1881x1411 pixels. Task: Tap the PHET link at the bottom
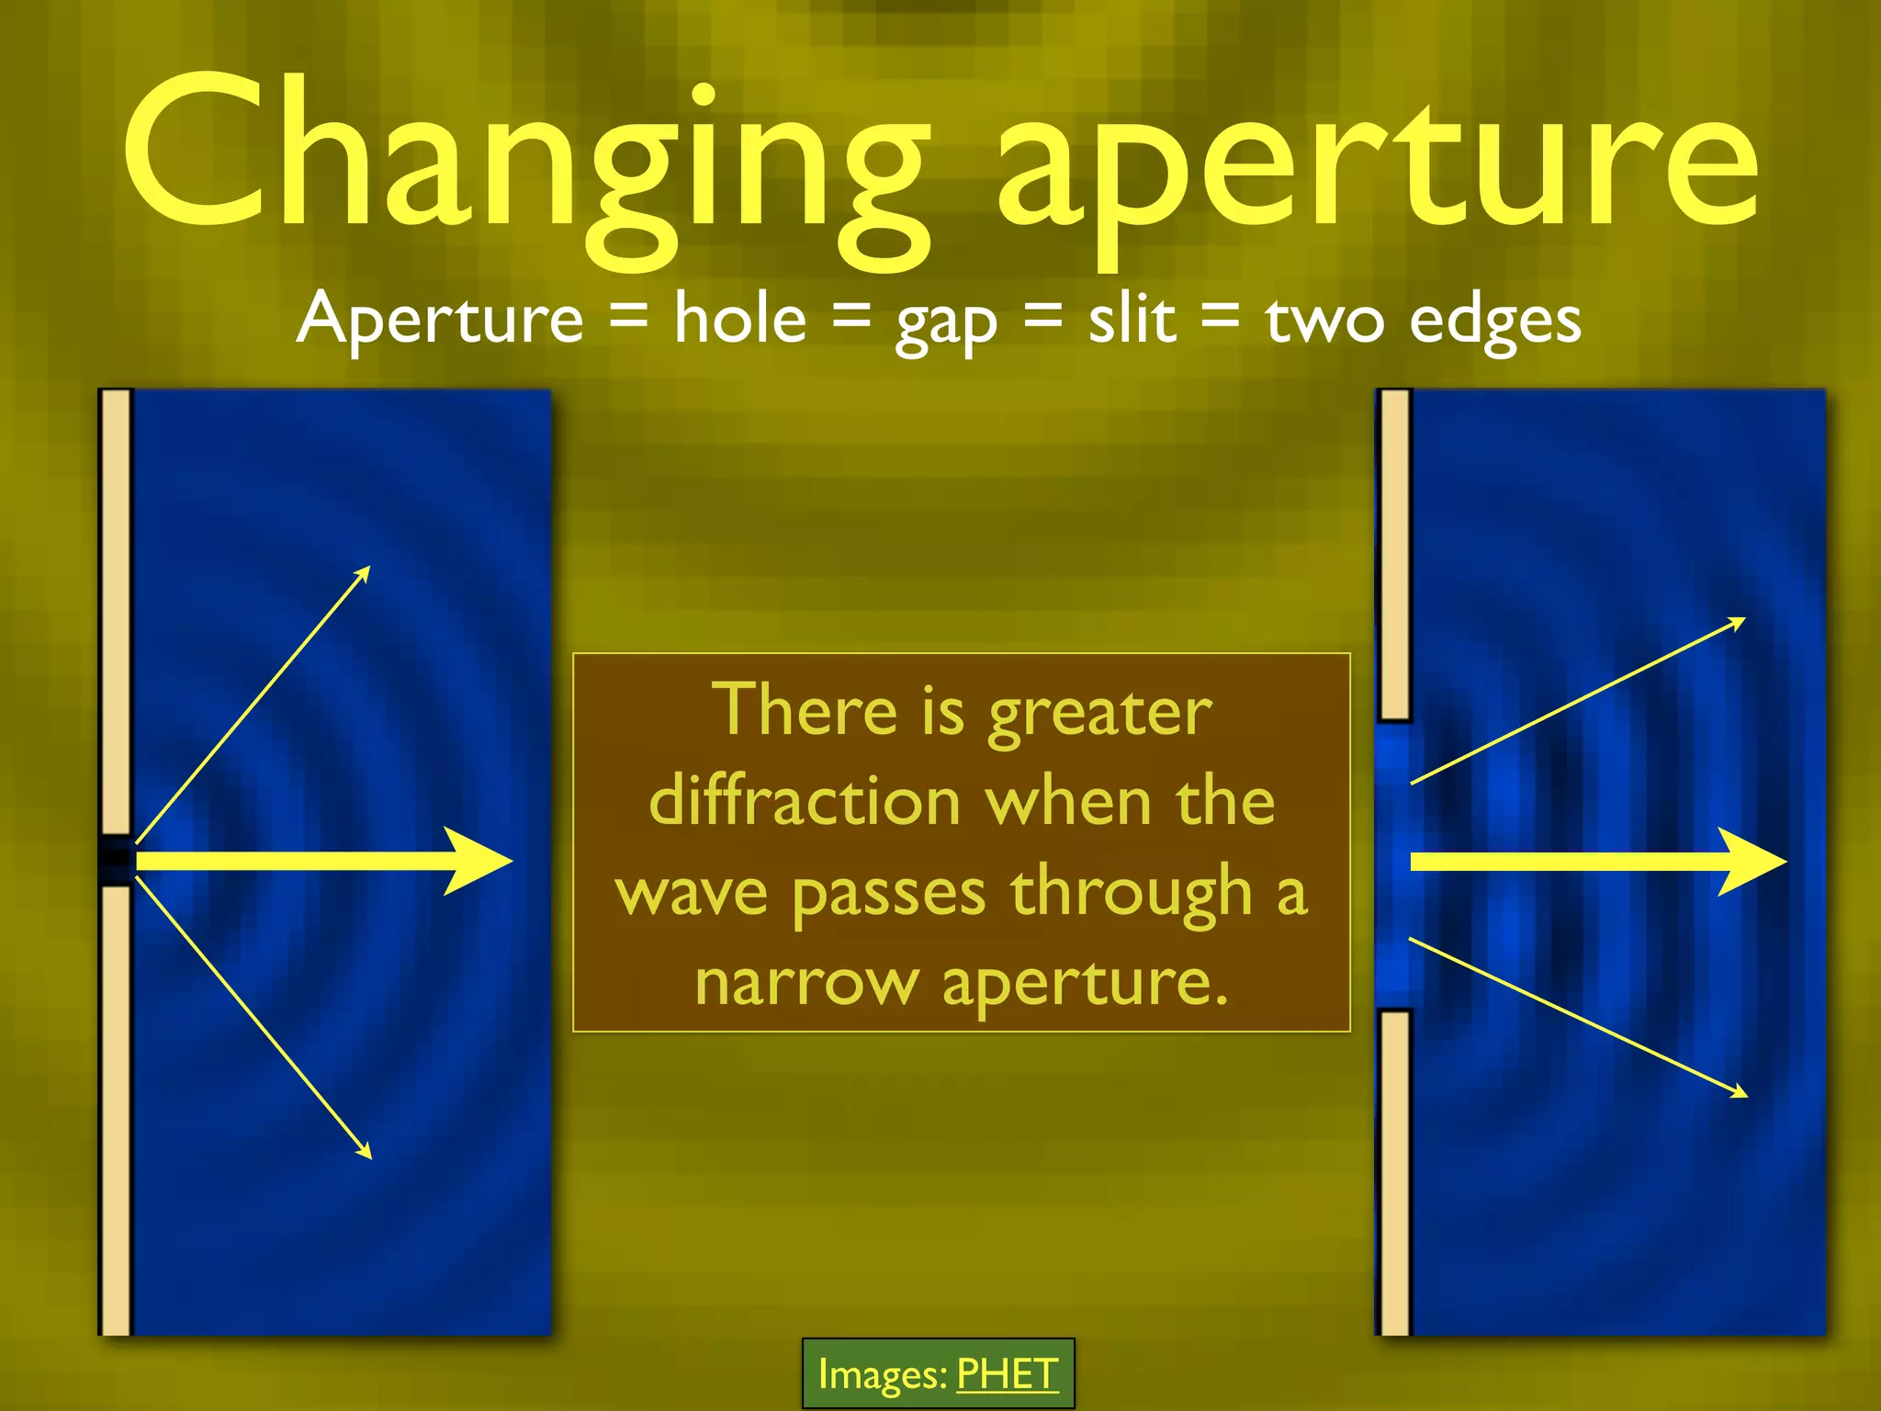point(1007,1374)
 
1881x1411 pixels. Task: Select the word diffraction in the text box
point(805,801)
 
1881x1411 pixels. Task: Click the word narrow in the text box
point(806,983)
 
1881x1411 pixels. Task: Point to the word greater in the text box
point(1100,713)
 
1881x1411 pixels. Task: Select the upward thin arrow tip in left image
point(366,571)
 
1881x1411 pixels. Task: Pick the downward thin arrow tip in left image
point(367,1154)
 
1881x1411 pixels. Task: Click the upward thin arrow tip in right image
point(1740,623)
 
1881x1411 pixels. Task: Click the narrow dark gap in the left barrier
point(116,860)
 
